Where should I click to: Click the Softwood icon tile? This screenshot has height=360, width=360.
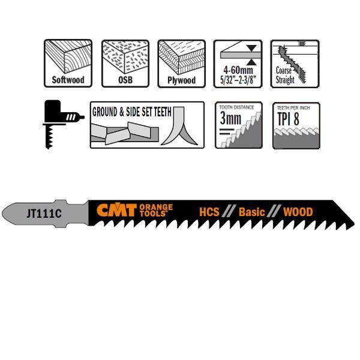tap(68, 62)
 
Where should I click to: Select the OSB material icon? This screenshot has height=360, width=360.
tap(125, 62)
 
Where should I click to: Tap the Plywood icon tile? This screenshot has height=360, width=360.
tap(182, 62)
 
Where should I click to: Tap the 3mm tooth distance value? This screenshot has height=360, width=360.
tap(231, 119)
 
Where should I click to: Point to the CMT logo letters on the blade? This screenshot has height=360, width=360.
tap(116, 211)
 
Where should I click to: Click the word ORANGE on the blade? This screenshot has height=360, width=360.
tap(155, 208)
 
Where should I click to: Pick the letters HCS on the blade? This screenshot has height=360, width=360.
tap(209, 212)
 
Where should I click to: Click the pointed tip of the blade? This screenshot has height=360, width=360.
tap(350, 223)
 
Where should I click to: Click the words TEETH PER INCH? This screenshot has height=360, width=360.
tap(296, 107)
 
